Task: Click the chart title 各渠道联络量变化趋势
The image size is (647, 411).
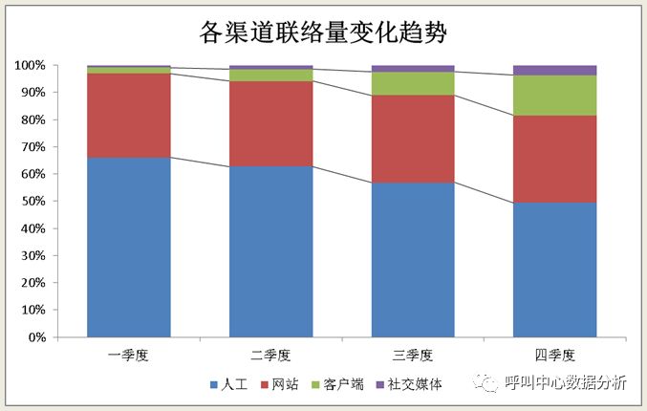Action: coord(323,32)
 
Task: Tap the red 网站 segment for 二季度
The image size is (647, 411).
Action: coord(270,123)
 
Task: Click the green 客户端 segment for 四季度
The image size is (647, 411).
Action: coord(555,96)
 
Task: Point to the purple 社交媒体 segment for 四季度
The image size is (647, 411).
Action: coord(555,70)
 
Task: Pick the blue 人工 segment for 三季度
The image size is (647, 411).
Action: coord(413,259)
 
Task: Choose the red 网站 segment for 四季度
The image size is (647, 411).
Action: coord(555,159)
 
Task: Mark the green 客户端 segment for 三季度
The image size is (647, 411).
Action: coord(413,83)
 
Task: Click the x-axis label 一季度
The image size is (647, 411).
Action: coord(129,355)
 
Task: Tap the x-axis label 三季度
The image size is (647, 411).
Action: coord(413,355)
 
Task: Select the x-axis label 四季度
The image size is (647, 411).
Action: coord(555,355)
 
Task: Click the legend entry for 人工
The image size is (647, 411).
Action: coord(228,384)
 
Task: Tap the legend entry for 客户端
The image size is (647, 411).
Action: coord(336,384)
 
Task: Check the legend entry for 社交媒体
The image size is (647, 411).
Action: coord(407,384)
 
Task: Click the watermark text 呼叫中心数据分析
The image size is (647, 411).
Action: coord(565,383)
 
